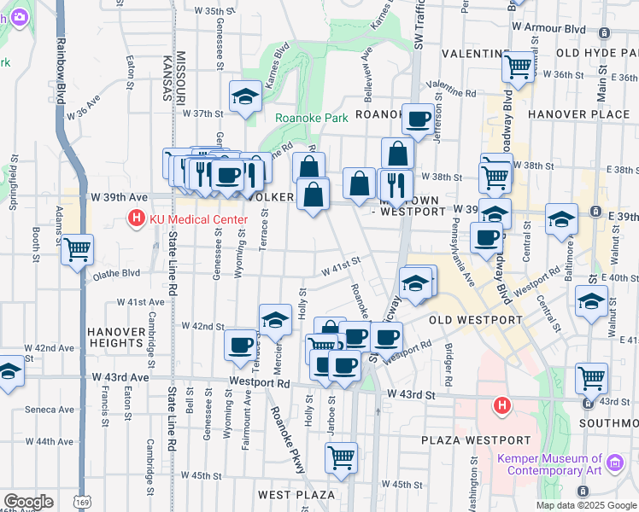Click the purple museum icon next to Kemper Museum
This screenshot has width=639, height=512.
[614, 465]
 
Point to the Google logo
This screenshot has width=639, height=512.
[27, 502]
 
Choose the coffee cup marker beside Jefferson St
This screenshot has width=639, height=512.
[418, 119]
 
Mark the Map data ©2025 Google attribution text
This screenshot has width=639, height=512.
[585, 505]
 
